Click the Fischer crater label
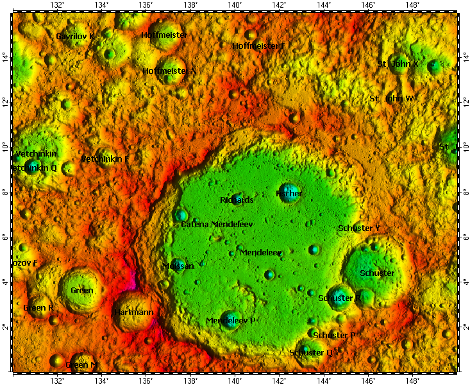coord(289,193)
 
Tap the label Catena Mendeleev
coord(217,225)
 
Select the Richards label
coord(237,200)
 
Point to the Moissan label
coord(178,266)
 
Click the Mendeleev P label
coord(231,320)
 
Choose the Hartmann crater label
coord(133,312)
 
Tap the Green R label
coord(38,308)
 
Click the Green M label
coord(82,365)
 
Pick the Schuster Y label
coord(359,228)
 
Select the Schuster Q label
coord(311,352)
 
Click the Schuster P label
coord(334,336)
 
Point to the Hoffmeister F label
coord(258,46)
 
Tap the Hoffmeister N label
coord(169,71)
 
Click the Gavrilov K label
coord(75,37)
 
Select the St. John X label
coord(398,64)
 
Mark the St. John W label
coord(392,99)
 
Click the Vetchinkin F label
coord(105,158)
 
